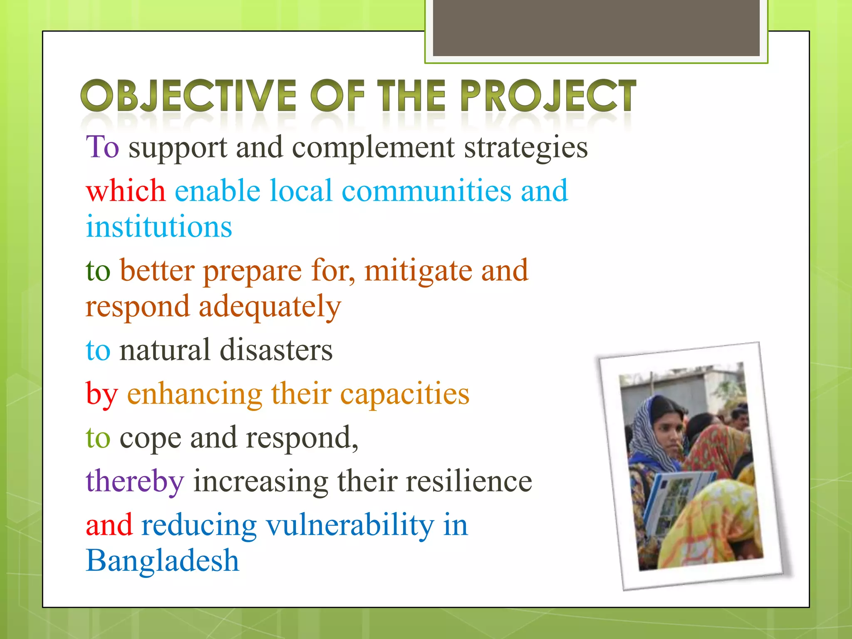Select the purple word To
(x=102, y=147)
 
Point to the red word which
(x=126, y=191)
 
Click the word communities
(x=426, y=191)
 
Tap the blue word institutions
(x=159, y=227)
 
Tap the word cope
(x=150, y=438)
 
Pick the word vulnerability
(x=349, y=525)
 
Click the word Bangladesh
(x=162, y=561)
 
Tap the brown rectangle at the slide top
(x=596, y=27)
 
